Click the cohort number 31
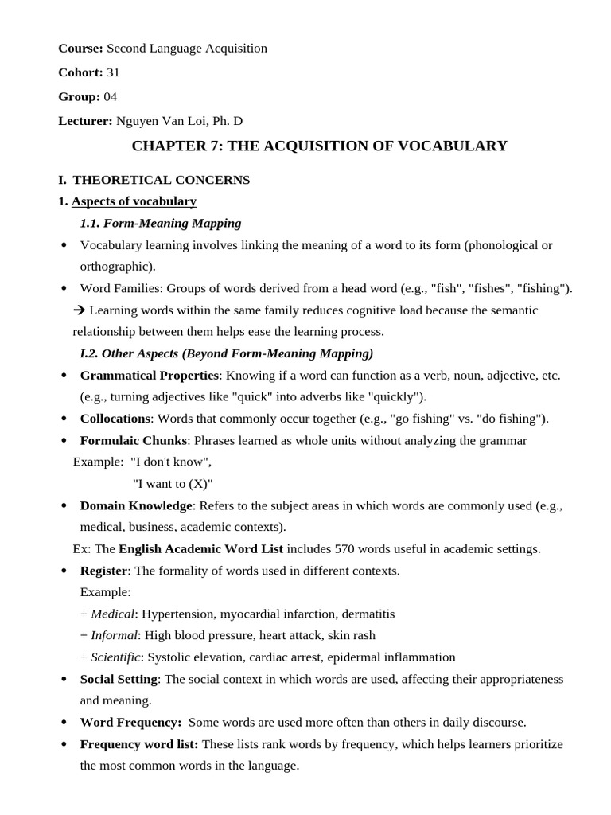113,72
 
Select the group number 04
110,96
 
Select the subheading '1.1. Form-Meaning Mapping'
161,223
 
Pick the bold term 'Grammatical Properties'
149,375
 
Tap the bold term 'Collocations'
115,418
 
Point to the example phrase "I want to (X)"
173,483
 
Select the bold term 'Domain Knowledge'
136,505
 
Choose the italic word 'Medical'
114,614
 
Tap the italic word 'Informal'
115,635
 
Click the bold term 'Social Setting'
119,679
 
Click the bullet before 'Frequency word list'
64,744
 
